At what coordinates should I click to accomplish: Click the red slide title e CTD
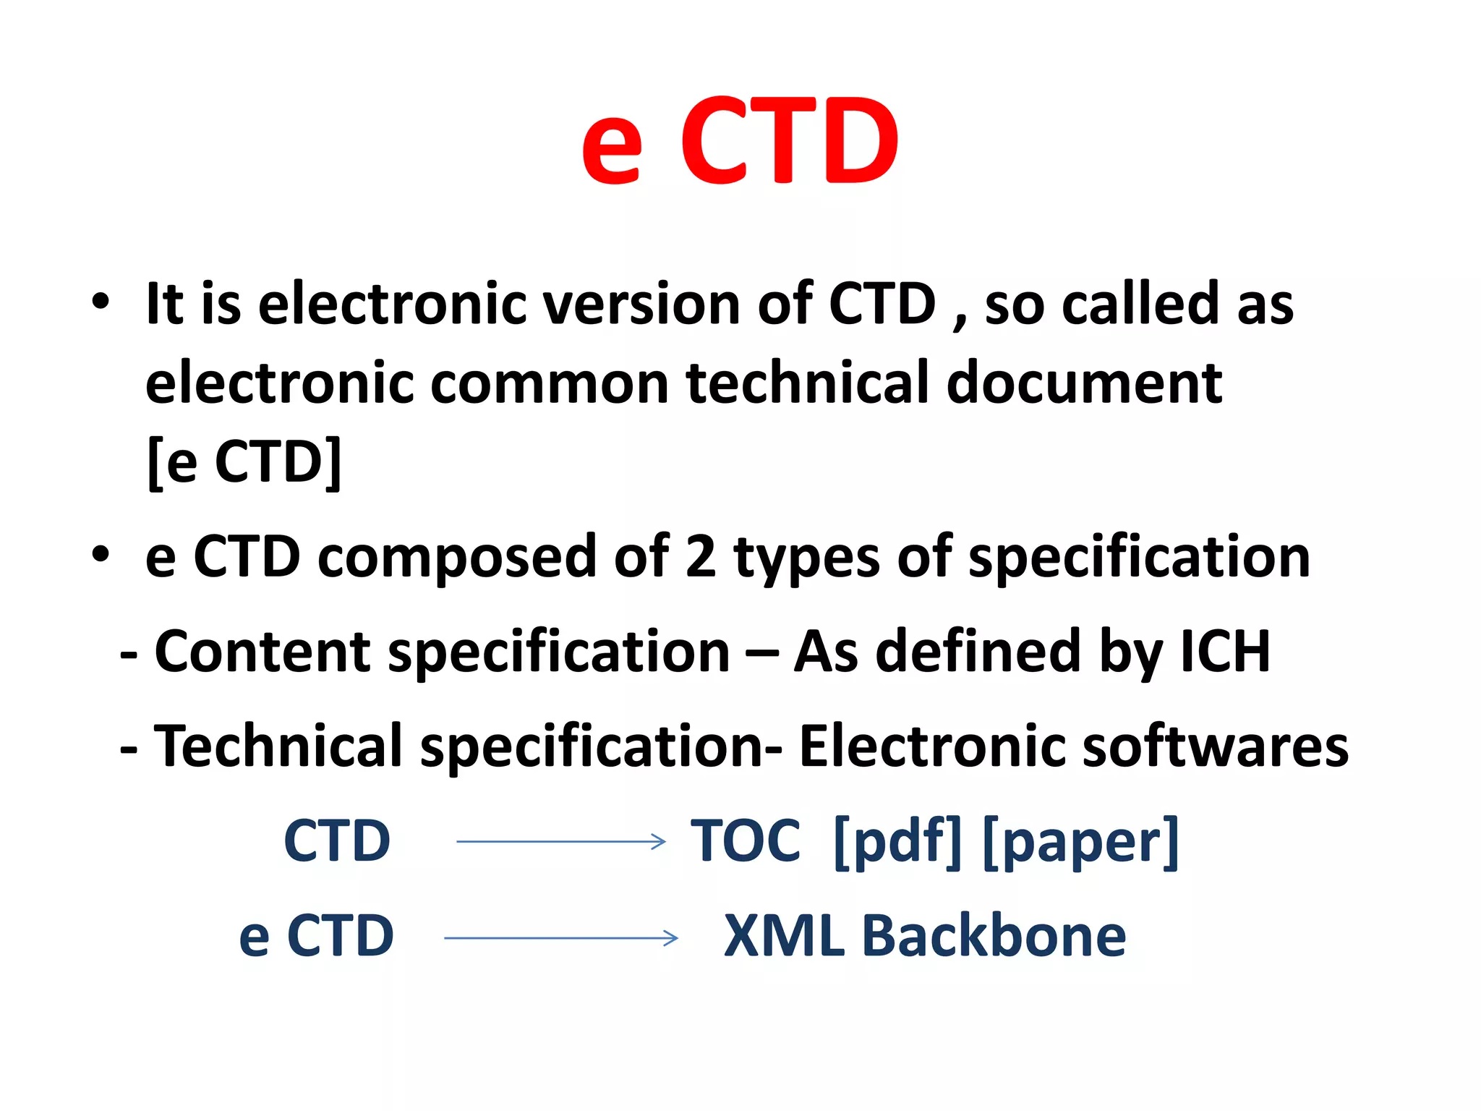(x=739, y=141)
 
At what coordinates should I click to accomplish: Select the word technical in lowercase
(x=806, y=383)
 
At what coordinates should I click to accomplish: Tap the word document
(x=1084, y=383)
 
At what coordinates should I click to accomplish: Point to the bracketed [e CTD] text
(x=244, y=462)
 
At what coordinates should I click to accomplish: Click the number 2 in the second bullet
(x=700, y=557)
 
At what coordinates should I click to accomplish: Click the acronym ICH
(x=1224, y=652)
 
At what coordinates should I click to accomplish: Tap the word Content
(x=262, y=652)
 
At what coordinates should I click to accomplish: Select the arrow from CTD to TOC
(x=560, y=841)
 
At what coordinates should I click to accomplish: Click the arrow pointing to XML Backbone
(x=560, y=938)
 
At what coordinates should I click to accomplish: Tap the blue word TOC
(x=746, y=841)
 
